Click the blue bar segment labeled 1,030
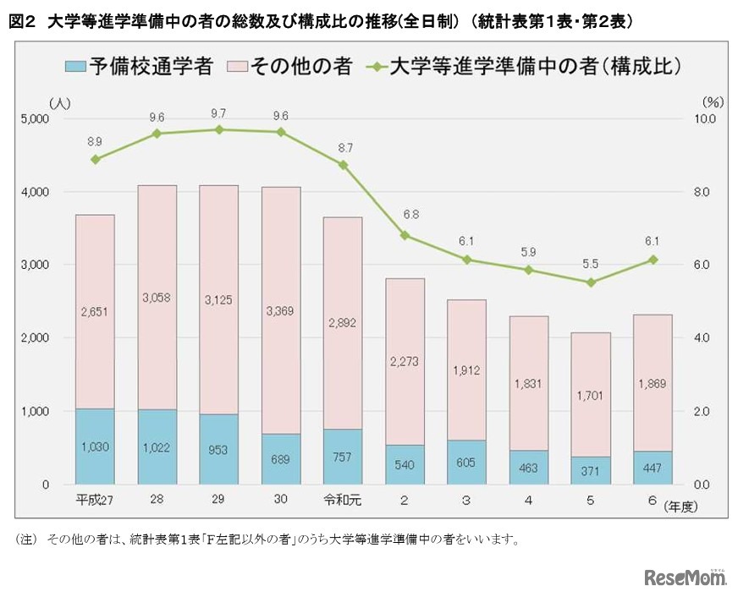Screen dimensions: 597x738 [95, 446]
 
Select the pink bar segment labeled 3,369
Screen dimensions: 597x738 [281, 310]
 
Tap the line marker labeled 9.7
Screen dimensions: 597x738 [218, 129]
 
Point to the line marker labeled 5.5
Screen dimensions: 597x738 [591, 282]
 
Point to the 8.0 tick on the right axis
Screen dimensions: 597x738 [704, 192]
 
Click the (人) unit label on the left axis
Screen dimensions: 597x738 [60, 102]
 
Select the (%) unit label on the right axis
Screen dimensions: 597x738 [713, 102]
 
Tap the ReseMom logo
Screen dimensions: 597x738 [686, 578]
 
